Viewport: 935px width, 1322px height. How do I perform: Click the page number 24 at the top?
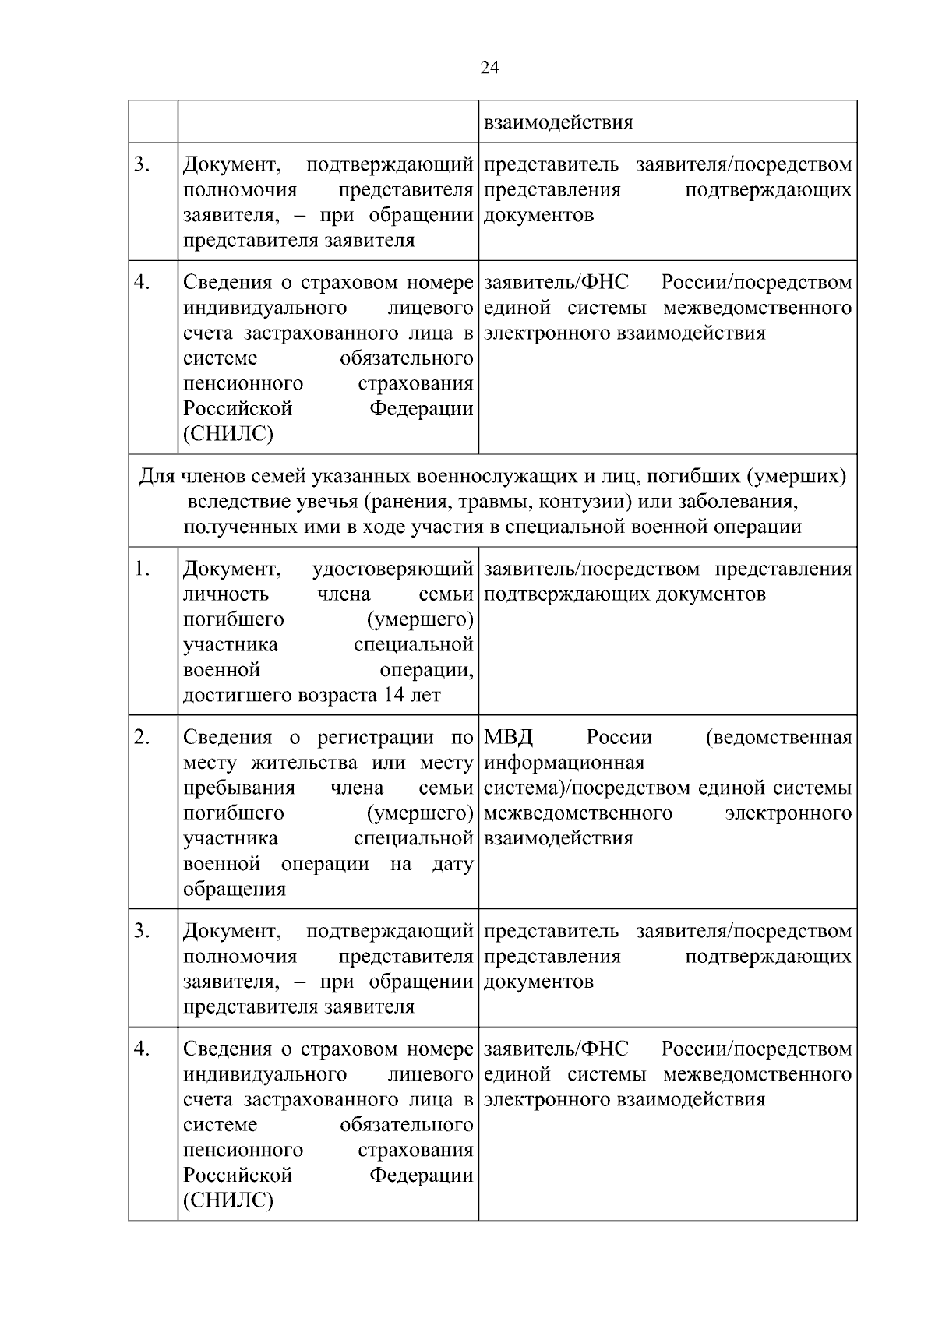point(489,68)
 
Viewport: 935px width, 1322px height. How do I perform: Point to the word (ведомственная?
point(778,737)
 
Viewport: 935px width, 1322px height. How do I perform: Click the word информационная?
point(564,762)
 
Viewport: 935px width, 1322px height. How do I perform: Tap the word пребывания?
point(238,788)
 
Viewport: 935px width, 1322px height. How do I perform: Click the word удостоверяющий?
point(392,569)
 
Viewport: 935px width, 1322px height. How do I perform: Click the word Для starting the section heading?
point(156,475)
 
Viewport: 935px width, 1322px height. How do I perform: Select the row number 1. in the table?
point(142,569)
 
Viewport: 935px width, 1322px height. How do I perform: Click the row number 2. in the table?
point(142,737)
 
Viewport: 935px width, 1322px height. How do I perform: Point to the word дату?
point(452,864)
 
